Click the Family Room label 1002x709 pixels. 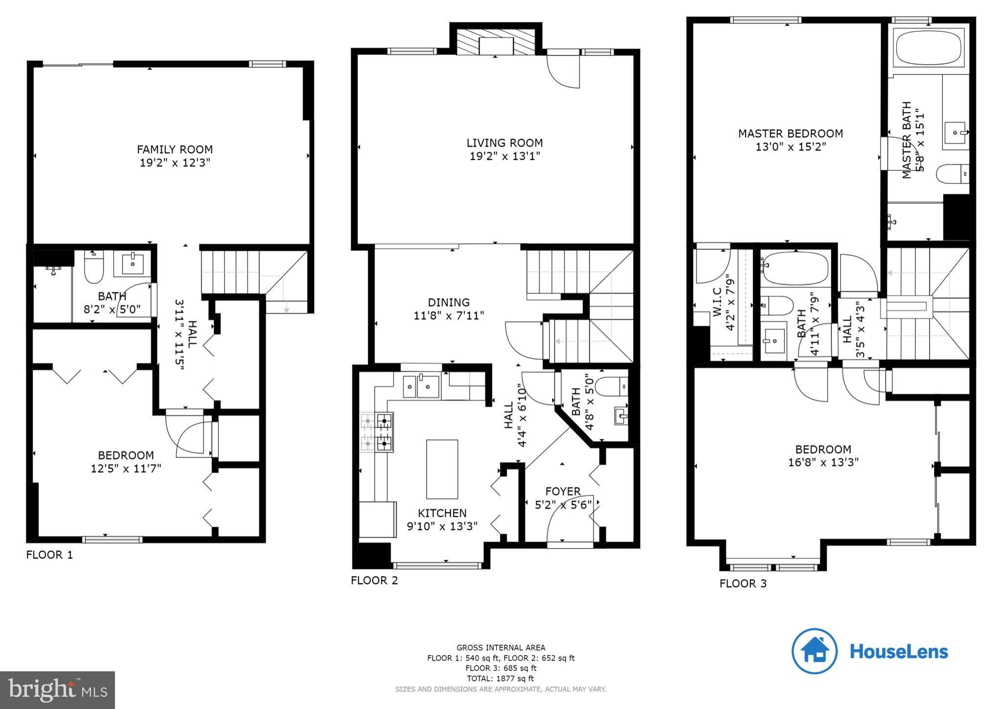(175, 149)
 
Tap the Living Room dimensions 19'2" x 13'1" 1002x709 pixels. (504, 156)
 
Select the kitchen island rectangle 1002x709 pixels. (442, 469)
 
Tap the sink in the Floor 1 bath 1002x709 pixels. (133, 264)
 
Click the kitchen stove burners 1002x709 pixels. (377, 432)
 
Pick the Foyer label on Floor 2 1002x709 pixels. (563, 491)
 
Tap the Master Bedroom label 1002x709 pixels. (790, 133)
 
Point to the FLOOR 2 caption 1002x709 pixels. (374, 581)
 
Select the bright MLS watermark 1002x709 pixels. (57, 690)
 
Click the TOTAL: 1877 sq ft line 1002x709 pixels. (501, 679)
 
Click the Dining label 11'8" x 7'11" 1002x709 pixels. (449, 308)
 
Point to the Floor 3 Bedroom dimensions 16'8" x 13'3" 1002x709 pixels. (823, 462)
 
